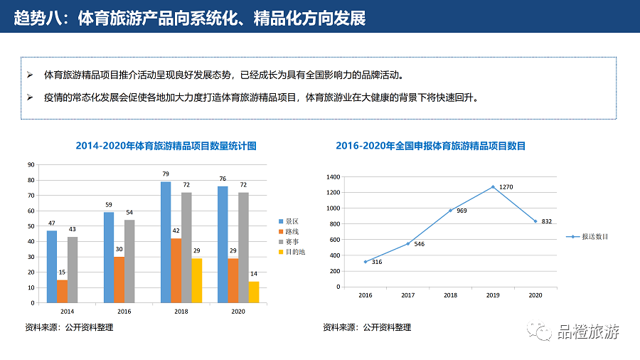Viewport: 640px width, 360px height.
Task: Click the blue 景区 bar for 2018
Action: coord(166,242)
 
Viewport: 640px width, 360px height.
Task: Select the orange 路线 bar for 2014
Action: coord(63,291)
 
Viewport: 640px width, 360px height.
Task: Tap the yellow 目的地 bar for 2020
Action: coord(254,292)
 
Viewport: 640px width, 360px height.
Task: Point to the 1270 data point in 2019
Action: coord(493,187)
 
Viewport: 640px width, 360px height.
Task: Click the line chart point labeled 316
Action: coord(366,262)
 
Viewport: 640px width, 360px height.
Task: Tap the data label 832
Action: coord(547,221)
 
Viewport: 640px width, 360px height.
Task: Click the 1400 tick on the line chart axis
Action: coord(332,177)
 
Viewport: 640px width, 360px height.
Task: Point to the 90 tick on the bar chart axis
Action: coord(31,164)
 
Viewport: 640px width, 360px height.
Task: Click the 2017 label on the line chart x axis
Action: coord(407,295)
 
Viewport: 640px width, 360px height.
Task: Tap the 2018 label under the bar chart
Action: coord(181,311)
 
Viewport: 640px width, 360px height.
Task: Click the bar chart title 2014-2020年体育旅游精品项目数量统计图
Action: coord(166,146)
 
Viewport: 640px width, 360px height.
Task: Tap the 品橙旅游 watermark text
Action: coord(589,331)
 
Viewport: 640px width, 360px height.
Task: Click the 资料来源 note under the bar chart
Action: coord(69,327)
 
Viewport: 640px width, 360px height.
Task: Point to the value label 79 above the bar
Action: coord(166,174)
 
